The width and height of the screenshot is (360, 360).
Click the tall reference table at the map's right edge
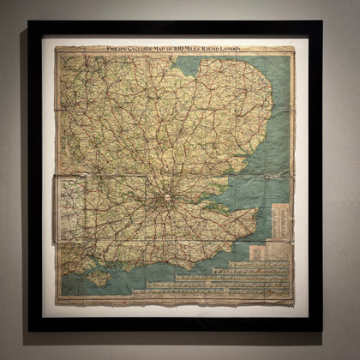point(280,223)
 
